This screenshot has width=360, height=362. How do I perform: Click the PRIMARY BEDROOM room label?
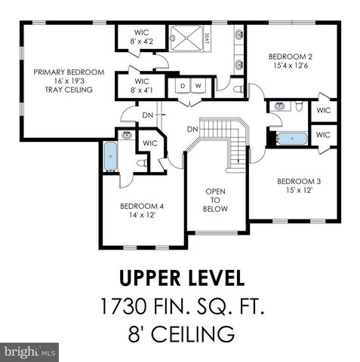click(63, 72)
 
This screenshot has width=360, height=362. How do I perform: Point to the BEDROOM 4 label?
click(142, 206)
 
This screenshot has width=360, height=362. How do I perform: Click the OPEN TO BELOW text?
click(217, 200)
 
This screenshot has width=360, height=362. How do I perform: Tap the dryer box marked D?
click(182, 85)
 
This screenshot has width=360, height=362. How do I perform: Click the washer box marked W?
click(198, 85)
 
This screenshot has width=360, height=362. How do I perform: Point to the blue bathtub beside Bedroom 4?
click(111, 156)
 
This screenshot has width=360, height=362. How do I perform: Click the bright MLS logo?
click(31, 351)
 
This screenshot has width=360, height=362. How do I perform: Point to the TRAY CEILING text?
click(63, 90)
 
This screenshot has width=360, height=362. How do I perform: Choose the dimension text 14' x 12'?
click(142, 216)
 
